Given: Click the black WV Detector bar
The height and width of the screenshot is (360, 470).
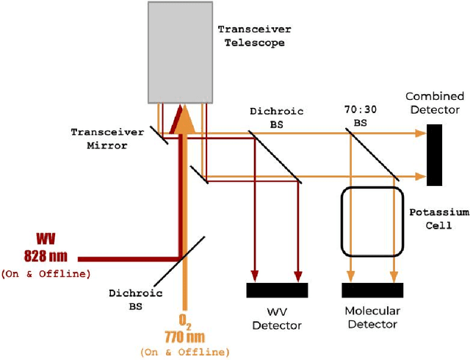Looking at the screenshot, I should [x=277, y=290].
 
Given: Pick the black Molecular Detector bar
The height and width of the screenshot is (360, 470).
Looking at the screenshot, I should [x=372, y=290].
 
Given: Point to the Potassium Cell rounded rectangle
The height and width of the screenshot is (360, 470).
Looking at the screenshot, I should [x=372, y=220].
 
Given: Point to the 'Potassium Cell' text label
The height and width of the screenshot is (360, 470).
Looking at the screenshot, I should [x=440, y=219].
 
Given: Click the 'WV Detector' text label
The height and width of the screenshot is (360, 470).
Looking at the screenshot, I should [x=277, y=319].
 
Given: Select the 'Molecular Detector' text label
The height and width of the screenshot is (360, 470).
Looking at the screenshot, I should [x=372, y=319].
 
